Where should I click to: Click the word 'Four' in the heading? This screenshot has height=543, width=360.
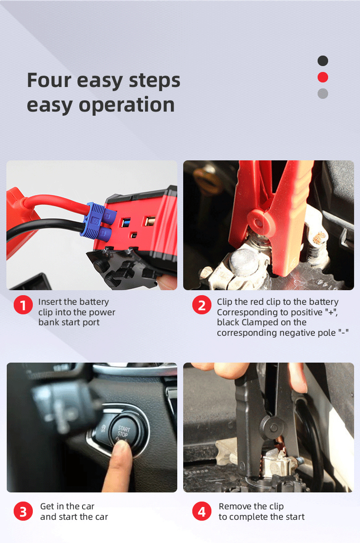pos(49,80)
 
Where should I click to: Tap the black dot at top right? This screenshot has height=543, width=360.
pos(323,61)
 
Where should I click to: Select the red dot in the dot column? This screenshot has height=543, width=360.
pos(323,77)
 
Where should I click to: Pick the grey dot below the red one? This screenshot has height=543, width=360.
pos(323,93)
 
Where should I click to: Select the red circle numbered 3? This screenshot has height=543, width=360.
pos(23,512)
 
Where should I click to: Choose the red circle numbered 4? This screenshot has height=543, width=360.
pos(201,512)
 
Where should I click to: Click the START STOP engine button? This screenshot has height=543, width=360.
pos(123,431)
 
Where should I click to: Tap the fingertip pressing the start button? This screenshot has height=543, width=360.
pos(120,449)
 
